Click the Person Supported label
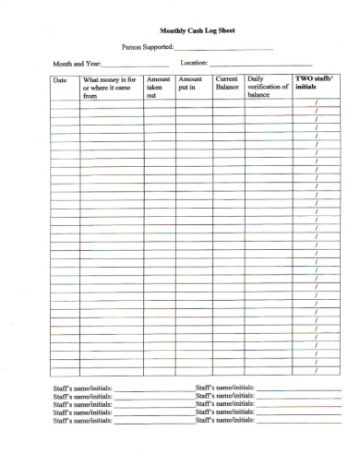147,46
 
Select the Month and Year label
77,63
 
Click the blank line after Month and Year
134,65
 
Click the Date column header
61,80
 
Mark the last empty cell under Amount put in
194,371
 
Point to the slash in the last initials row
317,371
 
